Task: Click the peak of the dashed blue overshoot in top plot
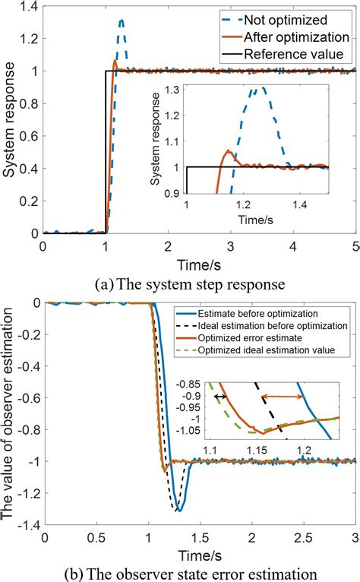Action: pyautogui.click(x=121, y=21)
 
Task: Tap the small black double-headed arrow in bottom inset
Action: pyautogui.click(x=220, y=396)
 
